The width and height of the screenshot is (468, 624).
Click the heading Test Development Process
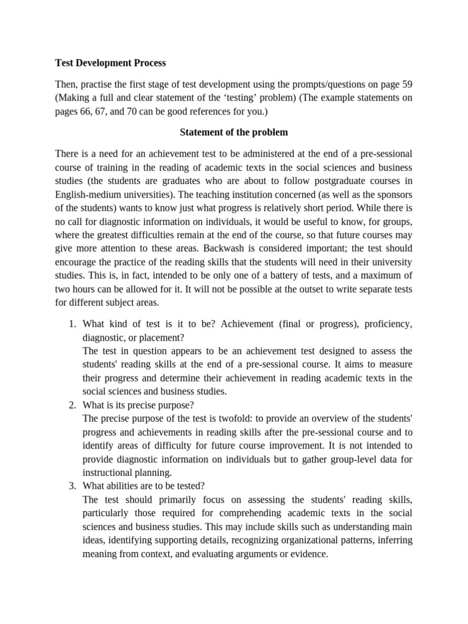(110, 63)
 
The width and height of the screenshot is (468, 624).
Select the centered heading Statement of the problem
(233, 132)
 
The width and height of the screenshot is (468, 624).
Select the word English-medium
(92, 195)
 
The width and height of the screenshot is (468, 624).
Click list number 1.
(72, 324)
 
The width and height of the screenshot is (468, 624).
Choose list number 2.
(72, 405)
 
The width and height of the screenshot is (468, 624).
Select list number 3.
(72, 486)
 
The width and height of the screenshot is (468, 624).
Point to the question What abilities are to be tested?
(144, 486)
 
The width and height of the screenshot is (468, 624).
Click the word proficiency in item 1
(388, 324)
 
